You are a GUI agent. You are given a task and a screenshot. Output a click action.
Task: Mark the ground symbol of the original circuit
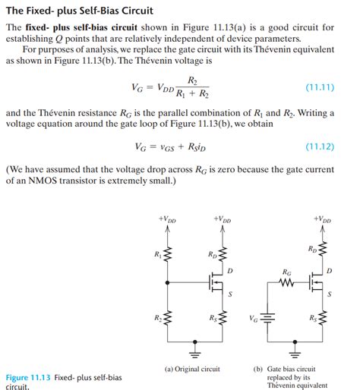194,353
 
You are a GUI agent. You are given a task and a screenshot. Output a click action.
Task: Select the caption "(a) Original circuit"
192,370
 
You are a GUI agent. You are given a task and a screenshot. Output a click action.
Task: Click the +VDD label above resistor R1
168,220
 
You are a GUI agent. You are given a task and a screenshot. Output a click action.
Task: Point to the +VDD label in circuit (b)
323,220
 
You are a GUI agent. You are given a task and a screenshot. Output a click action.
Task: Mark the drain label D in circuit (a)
230,271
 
